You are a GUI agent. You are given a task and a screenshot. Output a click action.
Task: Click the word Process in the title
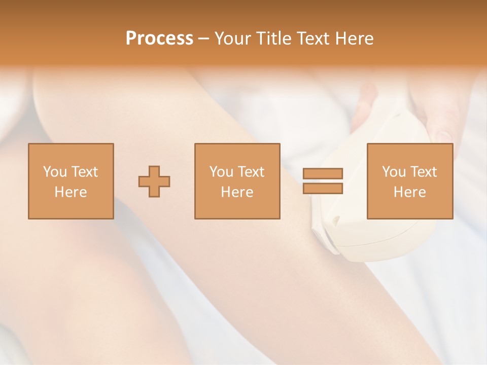[159, 39]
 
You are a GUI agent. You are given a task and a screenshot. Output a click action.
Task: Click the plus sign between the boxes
[154, 181]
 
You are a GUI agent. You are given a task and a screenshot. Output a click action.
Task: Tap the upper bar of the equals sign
[323, 173]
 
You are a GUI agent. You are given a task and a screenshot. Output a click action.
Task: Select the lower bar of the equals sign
[323, 188]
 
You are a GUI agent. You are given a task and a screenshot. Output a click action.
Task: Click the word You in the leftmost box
[55, 172]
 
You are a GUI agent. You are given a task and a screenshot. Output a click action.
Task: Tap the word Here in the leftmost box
[71, 192]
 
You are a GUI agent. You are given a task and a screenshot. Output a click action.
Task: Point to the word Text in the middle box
[251, 172]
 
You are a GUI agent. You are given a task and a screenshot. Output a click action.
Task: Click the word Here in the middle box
[237, 192]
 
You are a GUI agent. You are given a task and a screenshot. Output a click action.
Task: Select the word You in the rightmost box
[394, 172]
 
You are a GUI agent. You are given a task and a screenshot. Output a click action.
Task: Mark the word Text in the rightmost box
[423, 172]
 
